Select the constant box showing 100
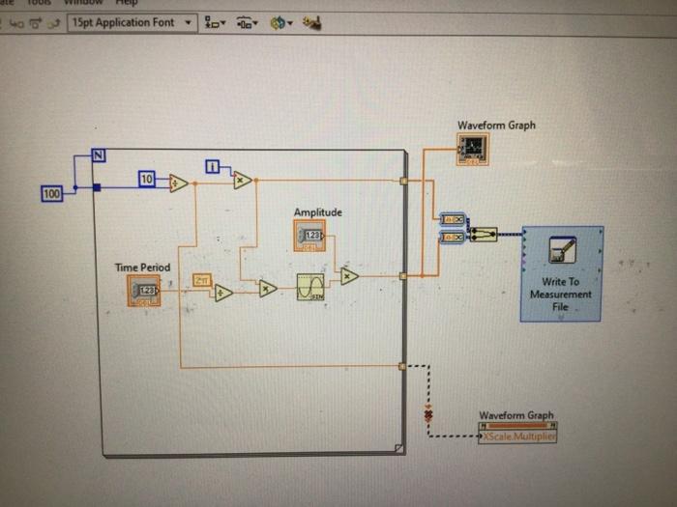(52, 194)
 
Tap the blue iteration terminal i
(213, 166)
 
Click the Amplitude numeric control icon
(309, 235)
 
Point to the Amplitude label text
(317, 212)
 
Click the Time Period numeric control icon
(143, 290)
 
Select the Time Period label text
(142, 268)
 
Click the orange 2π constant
(202, 280)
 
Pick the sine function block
(310, 288)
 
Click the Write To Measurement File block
(561, 273)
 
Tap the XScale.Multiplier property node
(517, 437)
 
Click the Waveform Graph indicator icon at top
(473, 149)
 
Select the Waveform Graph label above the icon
(496, 126)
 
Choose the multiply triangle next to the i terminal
(242, 180)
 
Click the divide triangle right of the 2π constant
(223, 293)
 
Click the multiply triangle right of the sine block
(348, 276)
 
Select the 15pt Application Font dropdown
(131, 22)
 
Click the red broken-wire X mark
(429, 415)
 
